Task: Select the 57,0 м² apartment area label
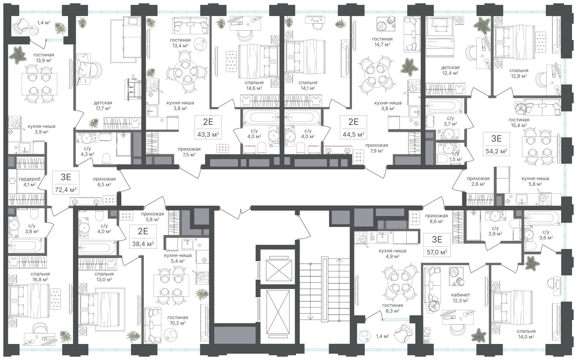(x=437, y=252)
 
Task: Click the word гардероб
(x=30, y=179)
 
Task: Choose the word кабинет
(x=460, y=295)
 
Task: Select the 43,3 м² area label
(x=208, y=135)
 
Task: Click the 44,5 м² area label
(x=353, y=135)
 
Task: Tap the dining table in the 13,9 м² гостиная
(x=39, y=84)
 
